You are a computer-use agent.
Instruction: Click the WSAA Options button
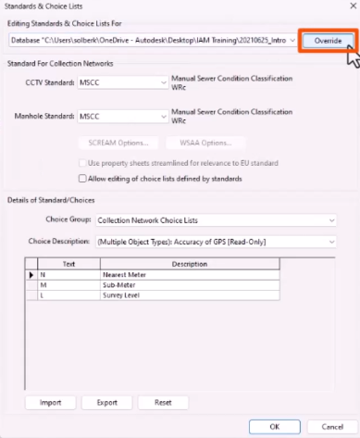click(205, 143)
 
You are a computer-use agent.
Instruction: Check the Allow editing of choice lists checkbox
click(82, 178)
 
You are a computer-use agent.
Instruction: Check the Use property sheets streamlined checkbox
click(82, 163)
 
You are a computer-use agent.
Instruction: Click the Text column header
click(69, 264)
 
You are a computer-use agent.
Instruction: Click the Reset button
click(163, 403)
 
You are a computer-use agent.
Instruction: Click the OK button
click(275, 426)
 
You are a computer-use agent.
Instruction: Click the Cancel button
click(326, 426)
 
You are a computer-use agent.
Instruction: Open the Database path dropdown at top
click(291, 42)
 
